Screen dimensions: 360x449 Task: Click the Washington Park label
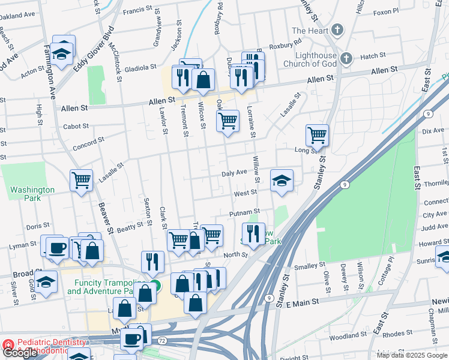click(32, 194)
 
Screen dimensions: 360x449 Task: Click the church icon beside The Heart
click(337, 29)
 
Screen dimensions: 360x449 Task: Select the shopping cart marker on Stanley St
click(316, 135)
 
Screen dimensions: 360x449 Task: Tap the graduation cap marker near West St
click(281, 181)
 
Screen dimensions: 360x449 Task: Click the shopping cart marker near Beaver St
click(81, 179)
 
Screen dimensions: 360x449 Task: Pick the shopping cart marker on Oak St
click(228, 121)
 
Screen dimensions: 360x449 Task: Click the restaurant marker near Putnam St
click(253, 233)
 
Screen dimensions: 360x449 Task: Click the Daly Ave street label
click(234, 172)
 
